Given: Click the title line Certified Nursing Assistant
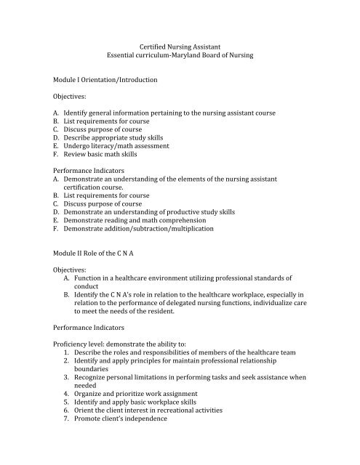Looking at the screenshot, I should coord(180,45).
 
